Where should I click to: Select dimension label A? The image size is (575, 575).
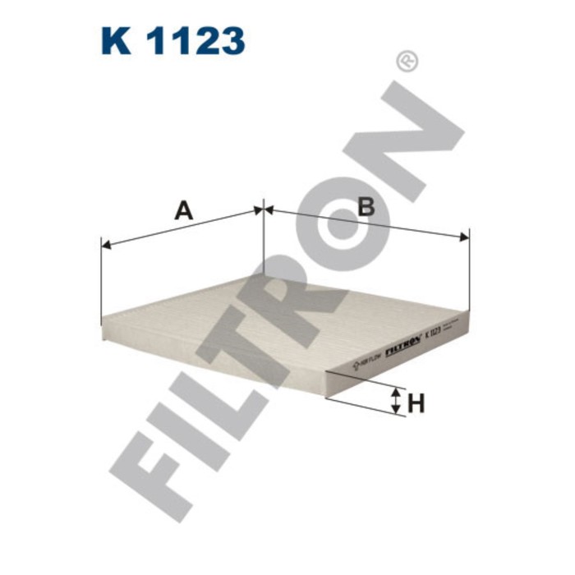tap(183, 210)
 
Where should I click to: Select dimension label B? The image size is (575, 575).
tap(366, 206)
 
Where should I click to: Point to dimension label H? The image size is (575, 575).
tap(416, 403)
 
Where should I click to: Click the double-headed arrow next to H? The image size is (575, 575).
tap(396, 402)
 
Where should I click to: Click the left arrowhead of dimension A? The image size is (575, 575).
tap(105, 244)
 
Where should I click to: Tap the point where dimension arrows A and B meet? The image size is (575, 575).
tap(263, 210)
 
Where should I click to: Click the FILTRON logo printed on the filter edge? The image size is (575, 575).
tap(402, 343)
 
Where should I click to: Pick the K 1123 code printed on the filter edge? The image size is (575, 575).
tap(433, 333)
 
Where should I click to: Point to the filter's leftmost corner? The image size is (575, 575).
tap(102, 322)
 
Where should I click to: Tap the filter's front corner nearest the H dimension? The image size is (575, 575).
tap(326, 374)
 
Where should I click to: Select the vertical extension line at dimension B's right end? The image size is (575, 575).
tap(468, 271)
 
